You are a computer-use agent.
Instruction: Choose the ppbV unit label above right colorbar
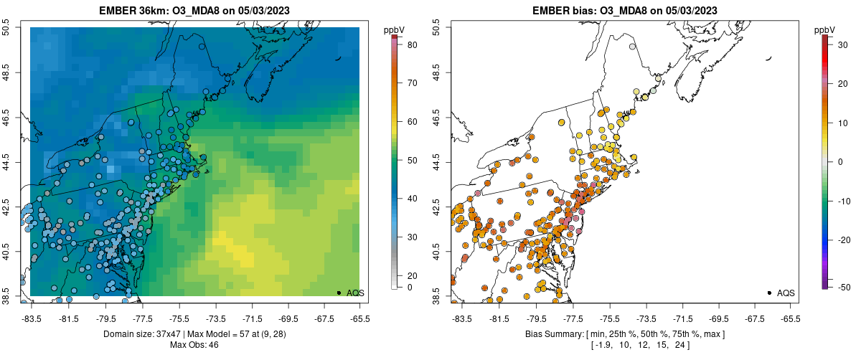[x=826, y=29]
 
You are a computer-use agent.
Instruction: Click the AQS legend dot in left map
[x=339, y=293]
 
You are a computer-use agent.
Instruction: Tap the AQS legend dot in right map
[x=769, y=293]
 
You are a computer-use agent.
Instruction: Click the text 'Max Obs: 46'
[x=194, y=345]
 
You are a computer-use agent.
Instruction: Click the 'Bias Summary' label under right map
[x=554, y=334]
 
